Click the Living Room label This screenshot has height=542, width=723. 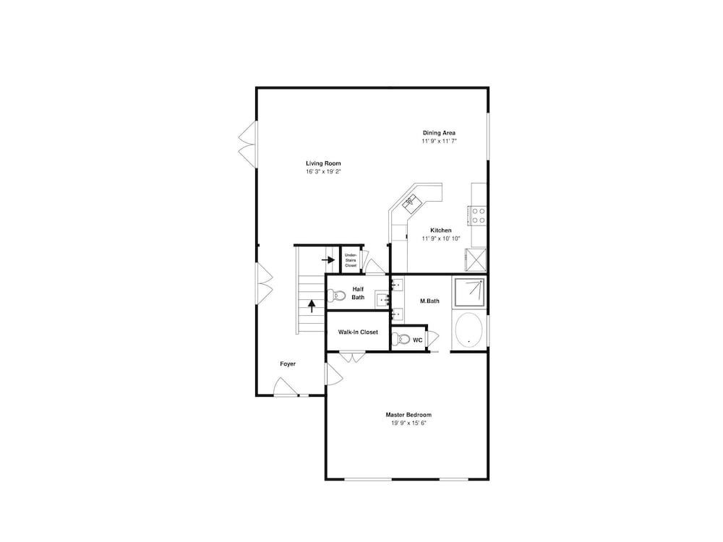click(323, 163)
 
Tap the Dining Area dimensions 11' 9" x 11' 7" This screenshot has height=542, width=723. click(439, 141)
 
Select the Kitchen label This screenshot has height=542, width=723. click(441, 231)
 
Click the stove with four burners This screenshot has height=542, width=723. click(478, 215)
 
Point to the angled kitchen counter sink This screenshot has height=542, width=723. click(410, 202)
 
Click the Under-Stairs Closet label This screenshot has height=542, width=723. click(351, 260)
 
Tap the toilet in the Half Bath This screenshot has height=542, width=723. click(336, 295)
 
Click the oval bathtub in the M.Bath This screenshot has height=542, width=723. click(469, 330)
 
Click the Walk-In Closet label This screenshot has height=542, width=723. click(358, 332)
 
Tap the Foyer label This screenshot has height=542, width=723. click(288, 364)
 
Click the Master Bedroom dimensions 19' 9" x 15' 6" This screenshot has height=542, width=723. click(408, 423)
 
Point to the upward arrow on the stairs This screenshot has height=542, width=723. click(312, 306)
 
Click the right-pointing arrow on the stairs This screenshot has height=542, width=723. click(328, 260)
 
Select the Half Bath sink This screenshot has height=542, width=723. click(382, 300)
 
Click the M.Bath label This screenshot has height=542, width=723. click(429, 301)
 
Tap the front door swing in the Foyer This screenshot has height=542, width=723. click(286, 387)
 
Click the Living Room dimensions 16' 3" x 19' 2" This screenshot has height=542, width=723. click(323, 171)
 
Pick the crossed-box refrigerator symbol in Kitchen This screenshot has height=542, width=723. click(476, 260)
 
